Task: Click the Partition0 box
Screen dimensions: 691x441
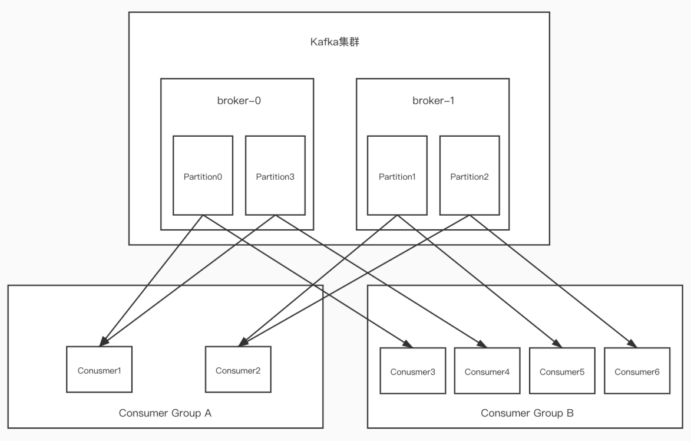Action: coord(203,176)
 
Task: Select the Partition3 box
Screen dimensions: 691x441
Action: coord(276,176)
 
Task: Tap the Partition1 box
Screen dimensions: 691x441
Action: coord(397,176)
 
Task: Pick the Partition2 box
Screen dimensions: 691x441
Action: coord(470,176)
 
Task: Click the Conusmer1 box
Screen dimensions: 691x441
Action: coord(99,370)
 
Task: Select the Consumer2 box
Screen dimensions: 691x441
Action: coord(238,370)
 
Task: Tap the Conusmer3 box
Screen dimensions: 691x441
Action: coord(413,371)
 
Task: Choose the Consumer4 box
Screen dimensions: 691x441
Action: coord(487,371)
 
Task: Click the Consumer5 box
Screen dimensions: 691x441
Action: coord(563,371)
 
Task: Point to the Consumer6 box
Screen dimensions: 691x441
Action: coord(637,371)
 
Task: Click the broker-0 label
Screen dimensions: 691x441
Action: coord(239,101)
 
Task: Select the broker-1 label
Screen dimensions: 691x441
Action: coord(434,101)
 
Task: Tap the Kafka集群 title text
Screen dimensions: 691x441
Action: coord(335,42)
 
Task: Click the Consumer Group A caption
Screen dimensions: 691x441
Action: coord(166,413)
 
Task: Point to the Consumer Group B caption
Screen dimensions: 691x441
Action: coord(527,413)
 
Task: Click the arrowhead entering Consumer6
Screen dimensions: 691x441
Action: coord(633,344)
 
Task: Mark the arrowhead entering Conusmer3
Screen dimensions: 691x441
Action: coord(408,344)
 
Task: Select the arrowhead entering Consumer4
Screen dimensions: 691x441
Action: coord(483,344)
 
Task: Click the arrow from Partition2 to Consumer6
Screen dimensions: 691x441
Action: coord(554,281)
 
